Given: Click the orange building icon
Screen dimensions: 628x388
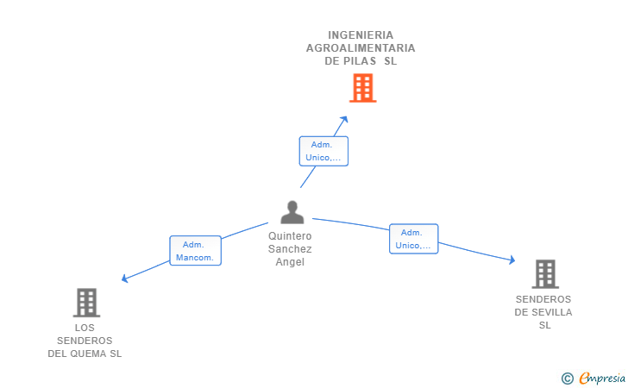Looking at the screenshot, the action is click(x=363, y=88).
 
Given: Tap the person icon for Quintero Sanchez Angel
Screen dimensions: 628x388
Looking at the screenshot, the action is click(x=292, y=212).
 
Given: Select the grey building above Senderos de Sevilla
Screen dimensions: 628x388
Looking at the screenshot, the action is click(x=545, y=274).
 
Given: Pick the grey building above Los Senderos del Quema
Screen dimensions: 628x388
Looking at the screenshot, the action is click(x=86, y=303).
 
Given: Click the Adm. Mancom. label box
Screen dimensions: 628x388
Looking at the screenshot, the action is click(x=196, y=251).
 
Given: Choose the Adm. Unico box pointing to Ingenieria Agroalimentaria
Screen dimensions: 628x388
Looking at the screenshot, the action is click(x=323, y=151).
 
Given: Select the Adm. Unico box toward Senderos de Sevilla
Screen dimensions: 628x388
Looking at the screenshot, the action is click(x=414, y=239).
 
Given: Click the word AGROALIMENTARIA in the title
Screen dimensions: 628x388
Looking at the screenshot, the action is click(x=361, y=48).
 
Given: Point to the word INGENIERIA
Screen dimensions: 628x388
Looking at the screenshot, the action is click(x=361, y=35).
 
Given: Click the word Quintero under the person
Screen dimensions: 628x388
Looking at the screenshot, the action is click(x=290, y=236).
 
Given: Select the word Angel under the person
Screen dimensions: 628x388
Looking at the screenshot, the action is click(x=290, y=262).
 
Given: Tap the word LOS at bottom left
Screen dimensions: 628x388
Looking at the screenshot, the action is click(x=85, y=328).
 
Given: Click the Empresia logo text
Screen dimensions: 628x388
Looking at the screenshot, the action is click(x=602, y=379).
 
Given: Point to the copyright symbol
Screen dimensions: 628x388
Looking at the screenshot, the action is click(x=568, y=379).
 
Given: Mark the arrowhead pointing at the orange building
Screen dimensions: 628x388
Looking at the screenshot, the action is click(x=344, y=119).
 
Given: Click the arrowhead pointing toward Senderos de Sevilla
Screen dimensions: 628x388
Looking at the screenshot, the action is click(x=512, y=260).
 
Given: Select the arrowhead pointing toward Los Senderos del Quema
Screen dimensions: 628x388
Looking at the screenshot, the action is click(x=125, y=278).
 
